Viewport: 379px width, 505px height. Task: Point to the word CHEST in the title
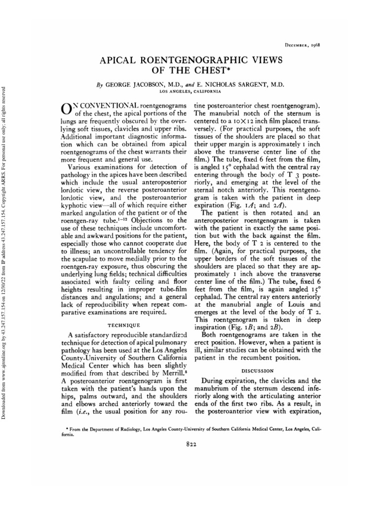point(214,72)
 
